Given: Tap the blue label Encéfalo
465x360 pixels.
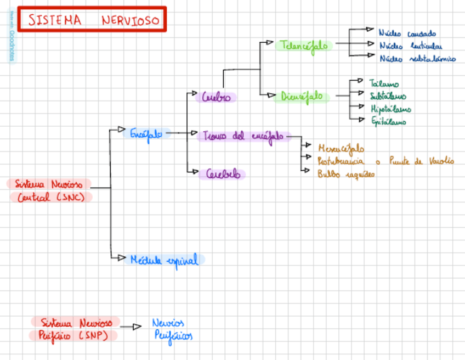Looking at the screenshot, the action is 146,133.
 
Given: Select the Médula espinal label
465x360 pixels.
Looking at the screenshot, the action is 164,260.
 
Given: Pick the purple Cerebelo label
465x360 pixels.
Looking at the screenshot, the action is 223,175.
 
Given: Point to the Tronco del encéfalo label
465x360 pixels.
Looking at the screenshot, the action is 243,136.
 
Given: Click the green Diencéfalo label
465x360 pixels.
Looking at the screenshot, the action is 302,97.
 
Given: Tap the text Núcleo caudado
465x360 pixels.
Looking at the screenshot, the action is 407,33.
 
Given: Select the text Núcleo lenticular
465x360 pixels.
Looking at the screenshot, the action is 411,46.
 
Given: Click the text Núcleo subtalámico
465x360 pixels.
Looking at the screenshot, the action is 417,59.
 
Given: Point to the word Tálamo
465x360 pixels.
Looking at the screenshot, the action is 384,84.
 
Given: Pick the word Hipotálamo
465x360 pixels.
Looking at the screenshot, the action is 391,109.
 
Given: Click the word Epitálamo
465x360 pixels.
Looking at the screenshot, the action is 389,121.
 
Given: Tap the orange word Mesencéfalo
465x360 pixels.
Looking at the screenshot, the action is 341,148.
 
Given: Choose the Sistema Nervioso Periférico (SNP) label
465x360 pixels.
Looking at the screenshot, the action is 75,328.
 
